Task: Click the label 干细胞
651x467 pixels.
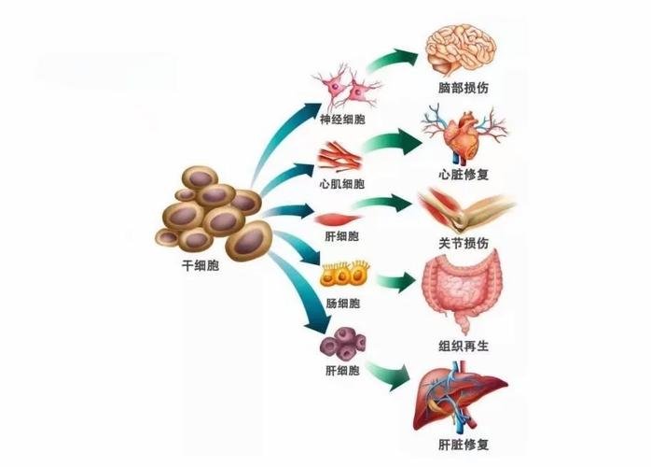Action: point(201,265)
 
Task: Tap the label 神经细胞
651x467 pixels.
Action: point(342,120)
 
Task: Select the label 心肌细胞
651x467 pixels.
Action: point(341,184)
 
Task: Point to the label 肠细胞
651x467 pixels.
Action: point(342,304)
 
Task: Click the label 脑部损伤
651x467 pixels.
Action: point(464,88)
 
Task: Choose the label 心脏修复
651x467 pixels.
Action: point(464,175)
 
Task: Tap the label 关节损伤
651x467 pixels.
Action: point(464,243)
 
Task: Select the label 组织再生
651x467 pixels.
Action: point(464,346)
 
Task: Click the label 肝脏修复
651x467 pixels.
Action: point(464,445)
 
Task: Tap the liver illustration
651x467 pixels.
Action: point(460,397)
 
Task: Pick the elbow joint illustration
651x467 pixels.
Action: point(465,210)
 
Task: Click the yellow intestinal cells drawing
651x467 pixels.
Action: point(345,275)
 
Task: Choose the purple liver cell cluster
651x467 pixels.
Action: point(343,344)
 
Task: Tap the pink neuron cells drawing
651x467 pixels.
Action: point(347,87)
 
